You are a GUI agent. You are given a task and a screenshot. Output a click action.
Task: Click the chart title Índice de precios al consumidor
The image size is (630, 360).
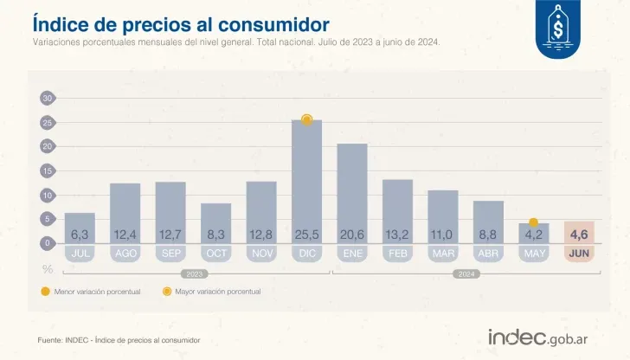180,22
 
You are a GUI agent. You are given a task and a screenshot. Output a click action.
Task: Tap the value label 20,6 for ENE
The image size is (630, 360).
352,235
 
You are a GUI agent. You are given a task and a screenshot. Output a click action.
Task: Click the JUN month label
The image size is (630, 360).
580,254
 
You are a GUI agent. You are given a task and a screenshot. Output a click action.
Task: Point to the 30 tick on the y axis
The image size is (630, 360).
48,98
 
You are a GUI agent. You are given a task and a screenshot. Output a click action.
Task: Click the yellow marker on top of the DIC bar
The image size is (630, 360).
306,120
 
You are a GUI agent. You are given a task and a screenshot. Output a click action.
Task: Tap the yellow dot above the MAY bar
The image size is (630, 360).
534,222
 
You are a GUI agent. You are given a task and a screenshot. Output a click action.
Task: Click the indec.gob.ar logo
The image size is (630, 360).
538,337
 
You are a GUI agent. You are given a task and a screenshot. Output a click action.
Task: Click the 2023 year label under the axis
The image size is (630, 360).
193,273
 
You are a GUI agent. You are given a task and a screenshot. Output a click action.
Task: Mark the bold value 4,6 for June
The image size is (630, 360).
580,235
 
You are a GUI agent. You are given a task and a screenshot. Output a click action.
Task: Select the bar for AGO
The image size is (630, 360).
125,208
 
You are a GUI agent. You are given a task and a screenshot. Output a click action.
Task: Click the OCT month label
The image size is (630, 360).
215,254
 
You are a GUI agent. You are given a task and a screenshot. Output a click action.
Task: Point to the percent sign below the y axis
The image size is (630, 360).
48,269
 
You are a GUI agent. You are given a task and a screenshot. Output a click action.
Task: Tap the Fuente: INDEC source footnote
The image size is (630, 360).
119,340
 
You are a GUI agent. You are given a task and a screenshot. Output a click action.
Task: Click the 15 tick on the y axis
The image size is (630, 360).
48,170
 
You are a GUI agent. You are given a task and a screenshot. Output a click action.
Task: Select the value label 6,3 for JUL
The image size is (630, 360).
80,235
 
